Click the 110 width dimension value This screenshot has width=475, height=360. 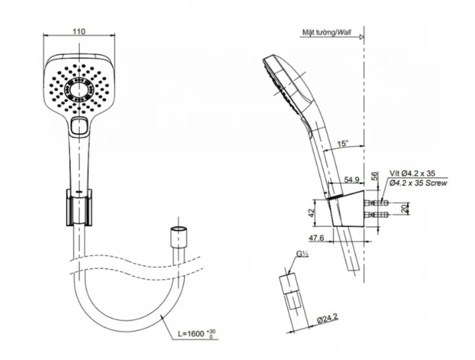pos(79,31)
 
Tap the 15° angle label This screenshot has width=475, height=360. pos(343,143)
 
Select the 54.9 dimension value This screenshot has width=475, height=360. pos(351,179)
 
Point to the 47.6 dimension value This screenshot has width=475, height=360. pos(316,238)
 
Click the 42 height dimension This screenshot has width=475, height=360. pos(311,213)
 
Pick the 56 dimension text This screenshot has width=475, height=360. pos(375,176)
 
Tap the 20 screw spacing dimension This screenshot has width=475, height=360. pos(404,209)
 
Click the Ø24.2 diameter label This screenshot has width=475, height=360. pos(327,319)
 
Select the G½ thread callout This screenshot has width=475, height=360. pos(302,254)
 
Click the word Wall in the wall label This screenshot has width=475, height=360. pos(344,32)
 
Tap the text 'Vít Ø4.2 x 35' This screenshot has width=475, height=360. pos(412,173)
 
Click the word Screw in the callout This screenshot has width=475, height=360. pos(436,183)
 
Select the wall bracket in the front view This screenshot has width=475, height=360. pos(79,208)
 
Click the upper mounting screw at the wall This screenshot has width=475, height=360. pos(377,202)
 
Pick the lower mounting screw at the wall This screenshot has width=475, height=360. pos(377,215)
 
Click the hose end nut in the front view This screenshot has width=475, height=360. pos(178,237)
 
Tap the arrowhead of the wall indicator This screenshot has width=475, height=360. pos(362,37)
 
